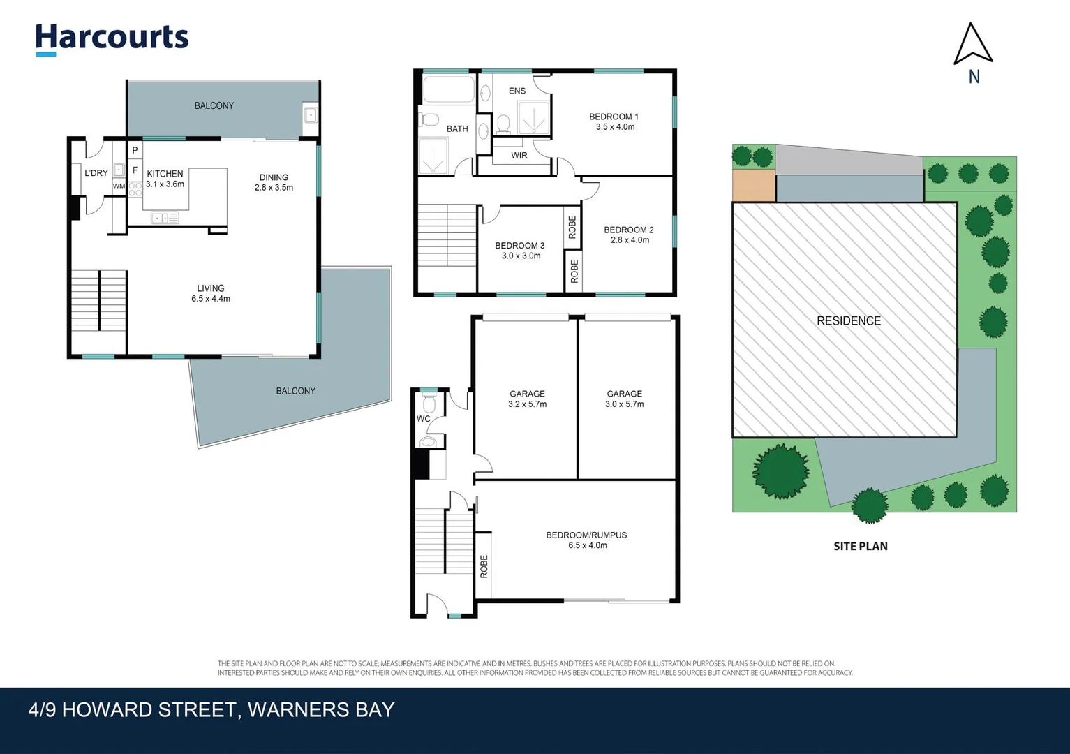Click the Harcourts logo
(112, 40)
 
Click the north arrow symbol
(973, 43)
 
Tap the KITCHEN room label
(165, 174)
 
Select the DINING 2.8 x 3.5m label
(274, 182)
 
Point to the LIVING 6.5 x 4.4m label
(211, 293)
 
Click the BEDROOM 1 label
(614, 117)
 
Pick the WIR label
(519, 155)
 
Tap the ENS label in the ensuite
(517, 91)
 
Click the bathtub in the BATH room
(449, 89)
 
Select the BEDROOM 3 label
(520, 246)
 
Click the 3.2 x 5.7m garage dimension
(528, 404)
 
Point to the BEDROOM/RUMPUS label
(586, 535)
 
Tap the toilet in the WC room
(429, 402)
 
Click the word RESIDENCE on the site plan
(849, 320)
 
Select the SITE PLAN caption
(861, 546)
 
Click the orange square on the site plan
(754, 186)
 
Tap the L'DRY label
(96, 173)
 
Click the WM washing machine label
(119, 186)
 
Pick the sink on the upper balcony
(311, 115)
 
